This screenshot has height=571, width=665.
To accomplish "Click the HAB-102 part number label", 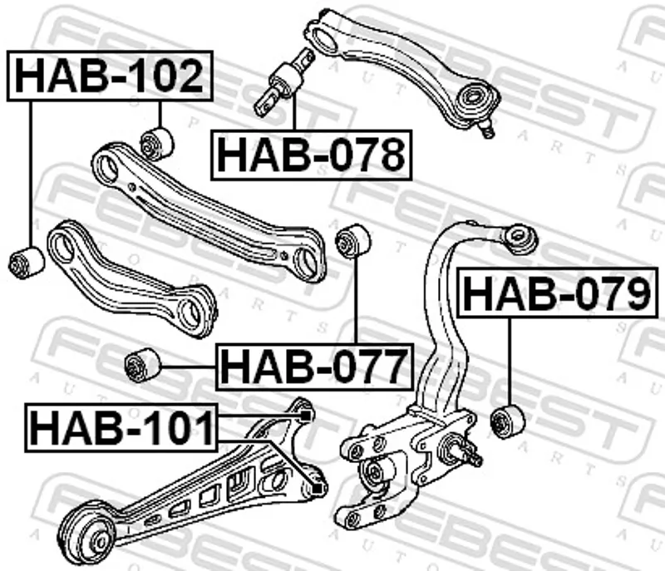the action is pos(110,76).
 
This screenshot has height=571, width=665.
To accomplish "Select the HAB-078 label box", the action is pos(311,155).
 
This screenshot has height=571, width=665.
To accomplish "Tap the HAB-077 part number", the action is pos(314,367).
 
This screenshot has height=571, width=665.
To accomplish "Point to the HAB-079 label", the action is pos(558,293).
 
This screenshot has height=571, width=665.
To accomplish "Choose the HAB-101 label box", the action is pos(121,427).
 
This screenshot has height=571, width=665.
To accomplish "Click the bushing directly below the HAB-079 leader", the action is pos(508,421).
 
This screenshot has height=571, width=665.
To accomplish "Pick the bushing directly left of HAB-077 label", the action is pos(142,364).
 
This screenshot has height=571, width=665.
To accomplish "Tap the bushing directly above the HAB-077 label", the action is pos(352,240).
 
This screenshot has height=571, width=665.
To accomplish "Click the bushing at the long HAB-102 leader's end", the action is pos(27,262).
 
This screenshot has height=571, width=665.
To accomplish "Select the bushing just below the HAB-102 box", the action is pos(157,144).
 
